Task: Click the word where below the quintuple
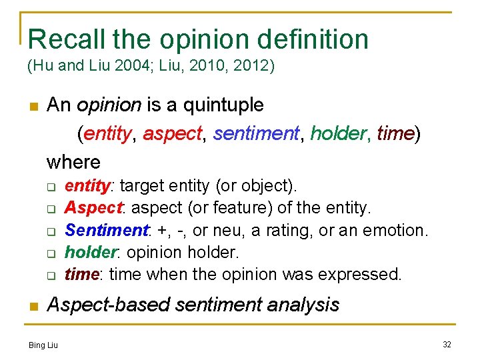click(73, 162)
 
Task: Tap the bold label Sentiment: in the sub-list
click(107, 231)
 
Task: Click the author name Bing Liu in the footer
click(43, 345)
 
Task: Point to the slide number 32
click(446, 344)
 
